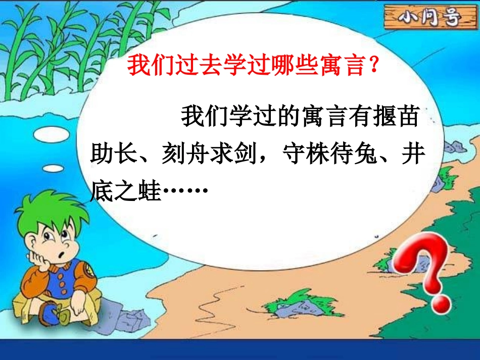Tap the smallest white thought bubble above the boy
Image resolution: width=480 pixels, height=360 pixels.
(x=53, y=168)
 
